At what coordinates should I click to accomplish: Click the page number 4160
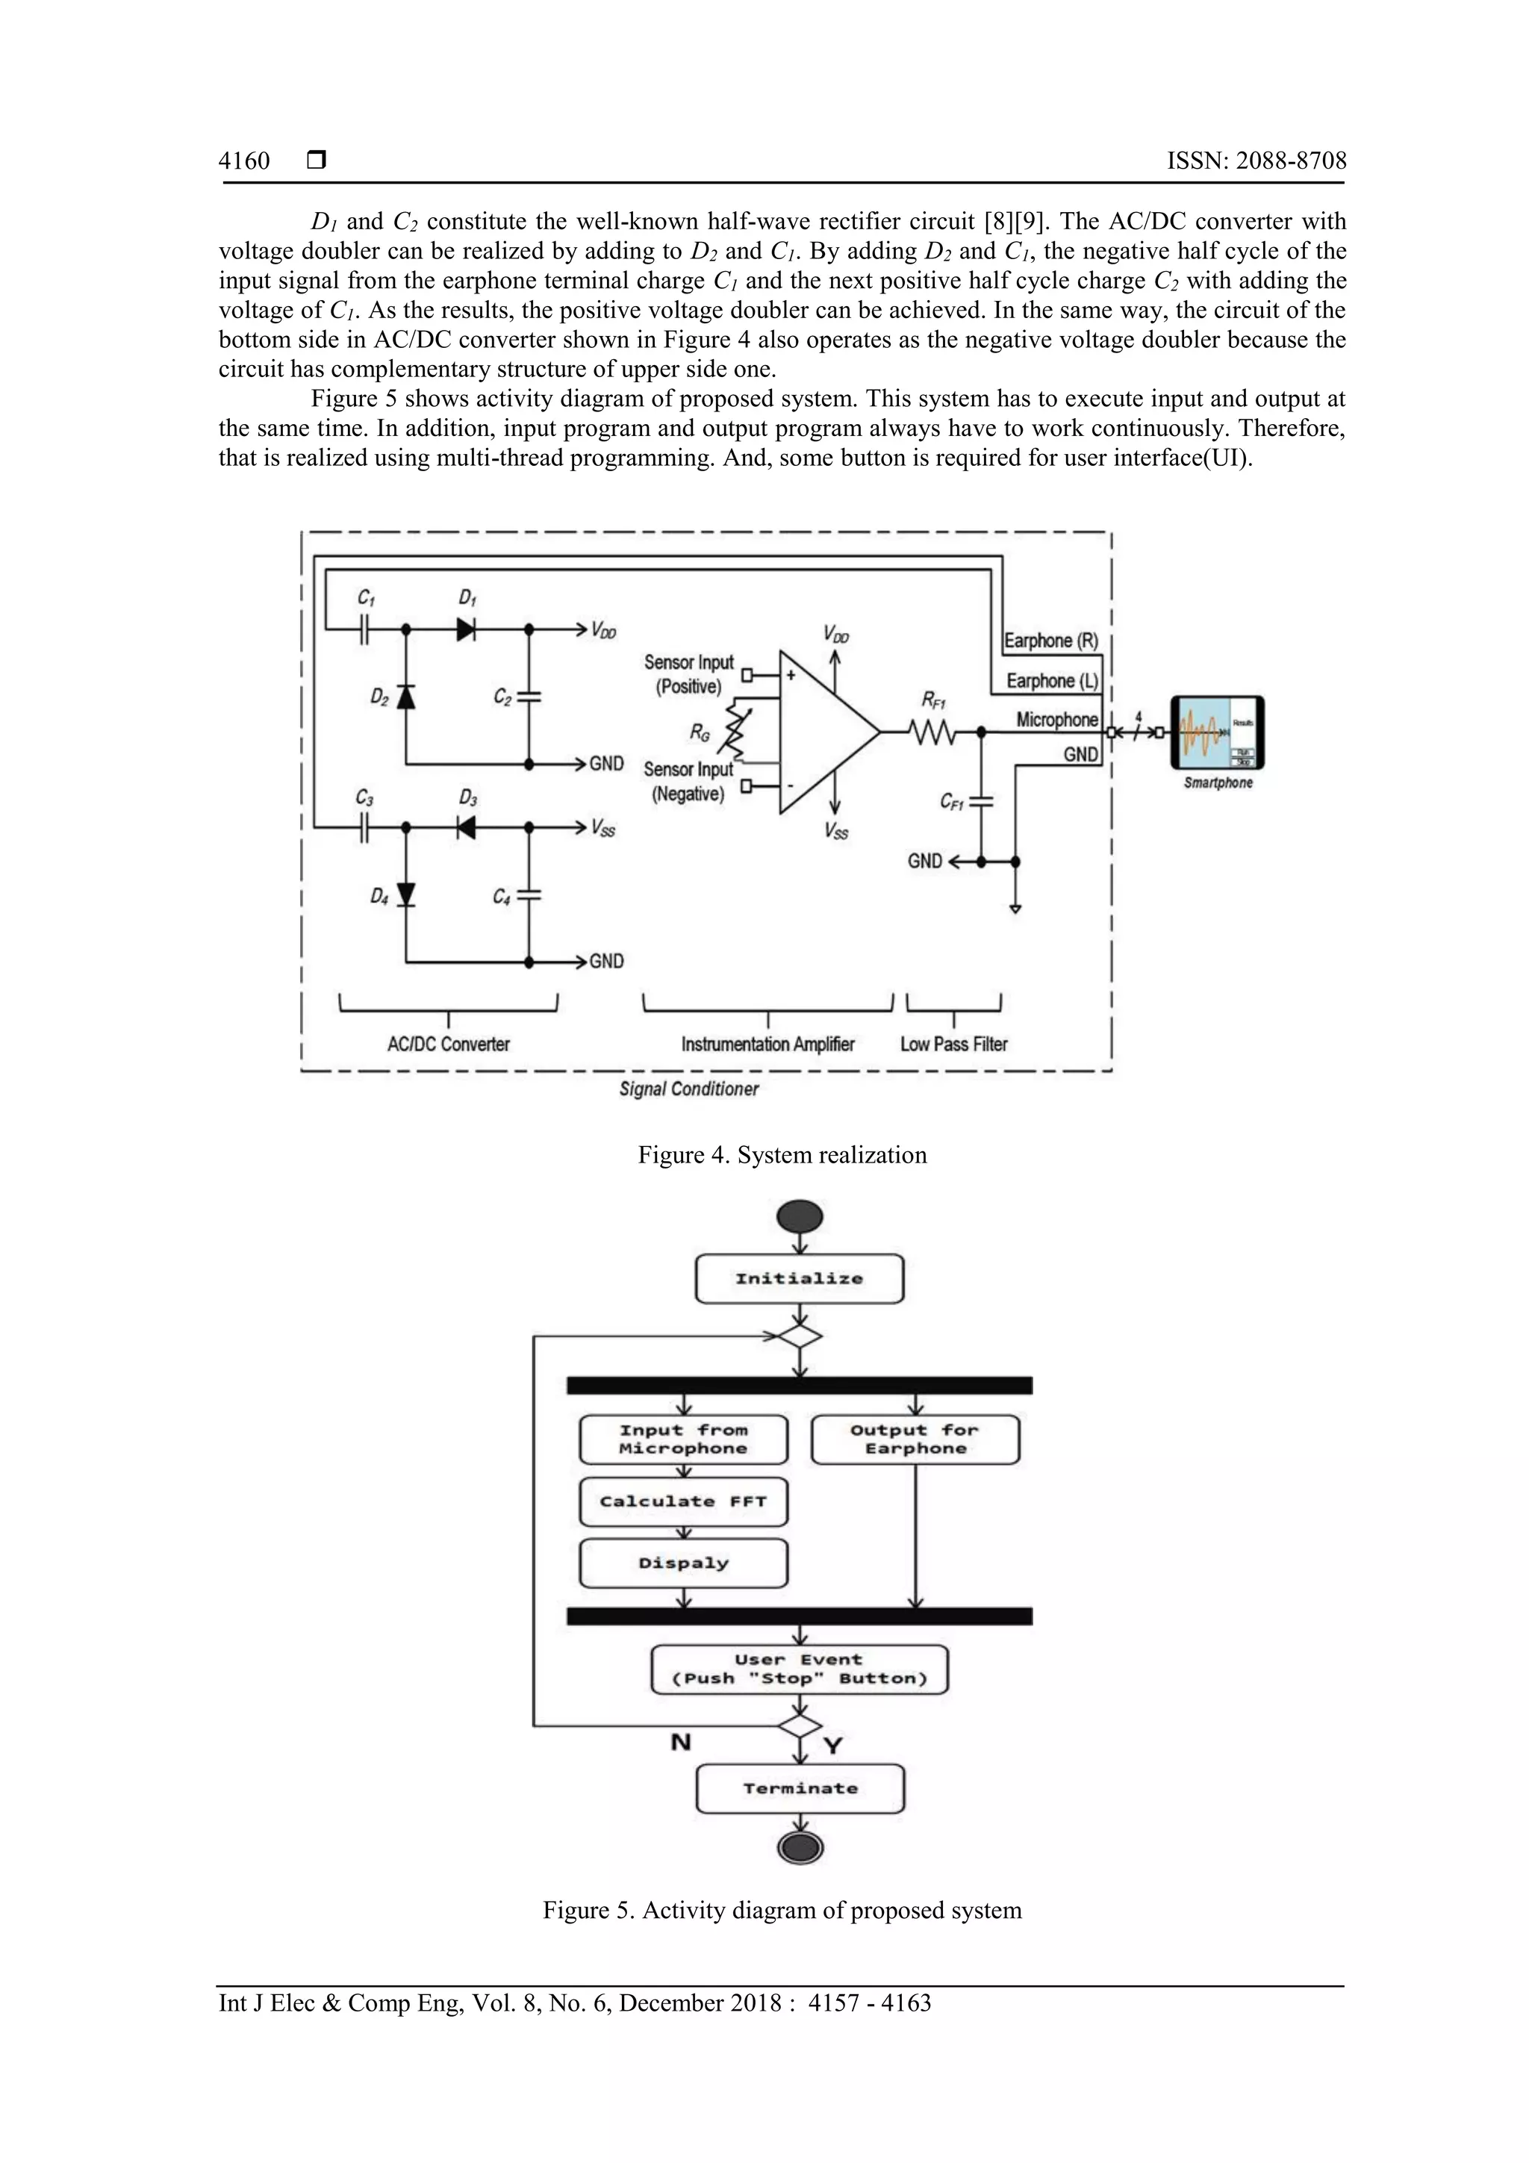244,161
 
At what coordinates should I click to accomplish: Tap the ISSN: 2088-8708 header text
1256,161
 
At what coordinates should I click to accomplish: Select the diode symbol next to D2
406,696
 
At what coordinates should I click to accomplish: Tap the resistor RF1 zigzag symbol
932,732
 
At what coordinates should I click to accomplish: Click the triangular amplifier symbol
824,731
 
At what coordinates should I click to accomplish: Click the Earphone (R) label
1050,641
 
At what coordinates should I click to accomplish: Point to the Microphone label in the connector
1056,720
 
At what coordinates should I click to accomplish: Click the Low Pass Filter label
953,1044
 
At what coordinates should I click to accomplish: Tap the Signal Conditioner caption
688,1089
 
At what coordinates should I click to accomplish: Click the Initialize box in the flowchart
799,1279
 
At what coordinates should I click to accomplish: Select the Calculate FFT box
683,1501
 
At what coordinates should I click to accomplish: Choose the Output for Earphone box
915,1440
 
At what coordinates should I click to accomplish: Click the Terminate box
800,1788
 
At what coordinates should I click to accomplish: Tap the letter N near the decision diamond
680,1742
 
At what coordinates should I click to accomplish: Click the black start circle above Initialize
799,1216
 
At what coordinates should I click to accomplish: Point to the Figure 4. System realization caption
782,1155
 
